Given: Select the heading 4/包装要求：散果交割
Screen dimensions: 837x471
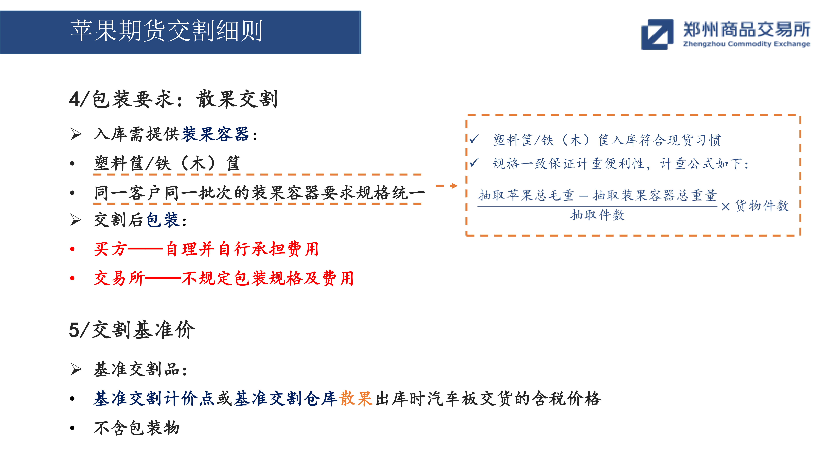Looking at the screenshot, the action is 173,99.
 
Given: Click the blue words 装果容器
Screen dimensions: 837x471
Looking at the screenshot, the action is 215,134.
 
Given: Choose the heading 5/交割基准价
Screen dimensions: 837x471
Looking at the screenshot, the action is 132,330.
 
